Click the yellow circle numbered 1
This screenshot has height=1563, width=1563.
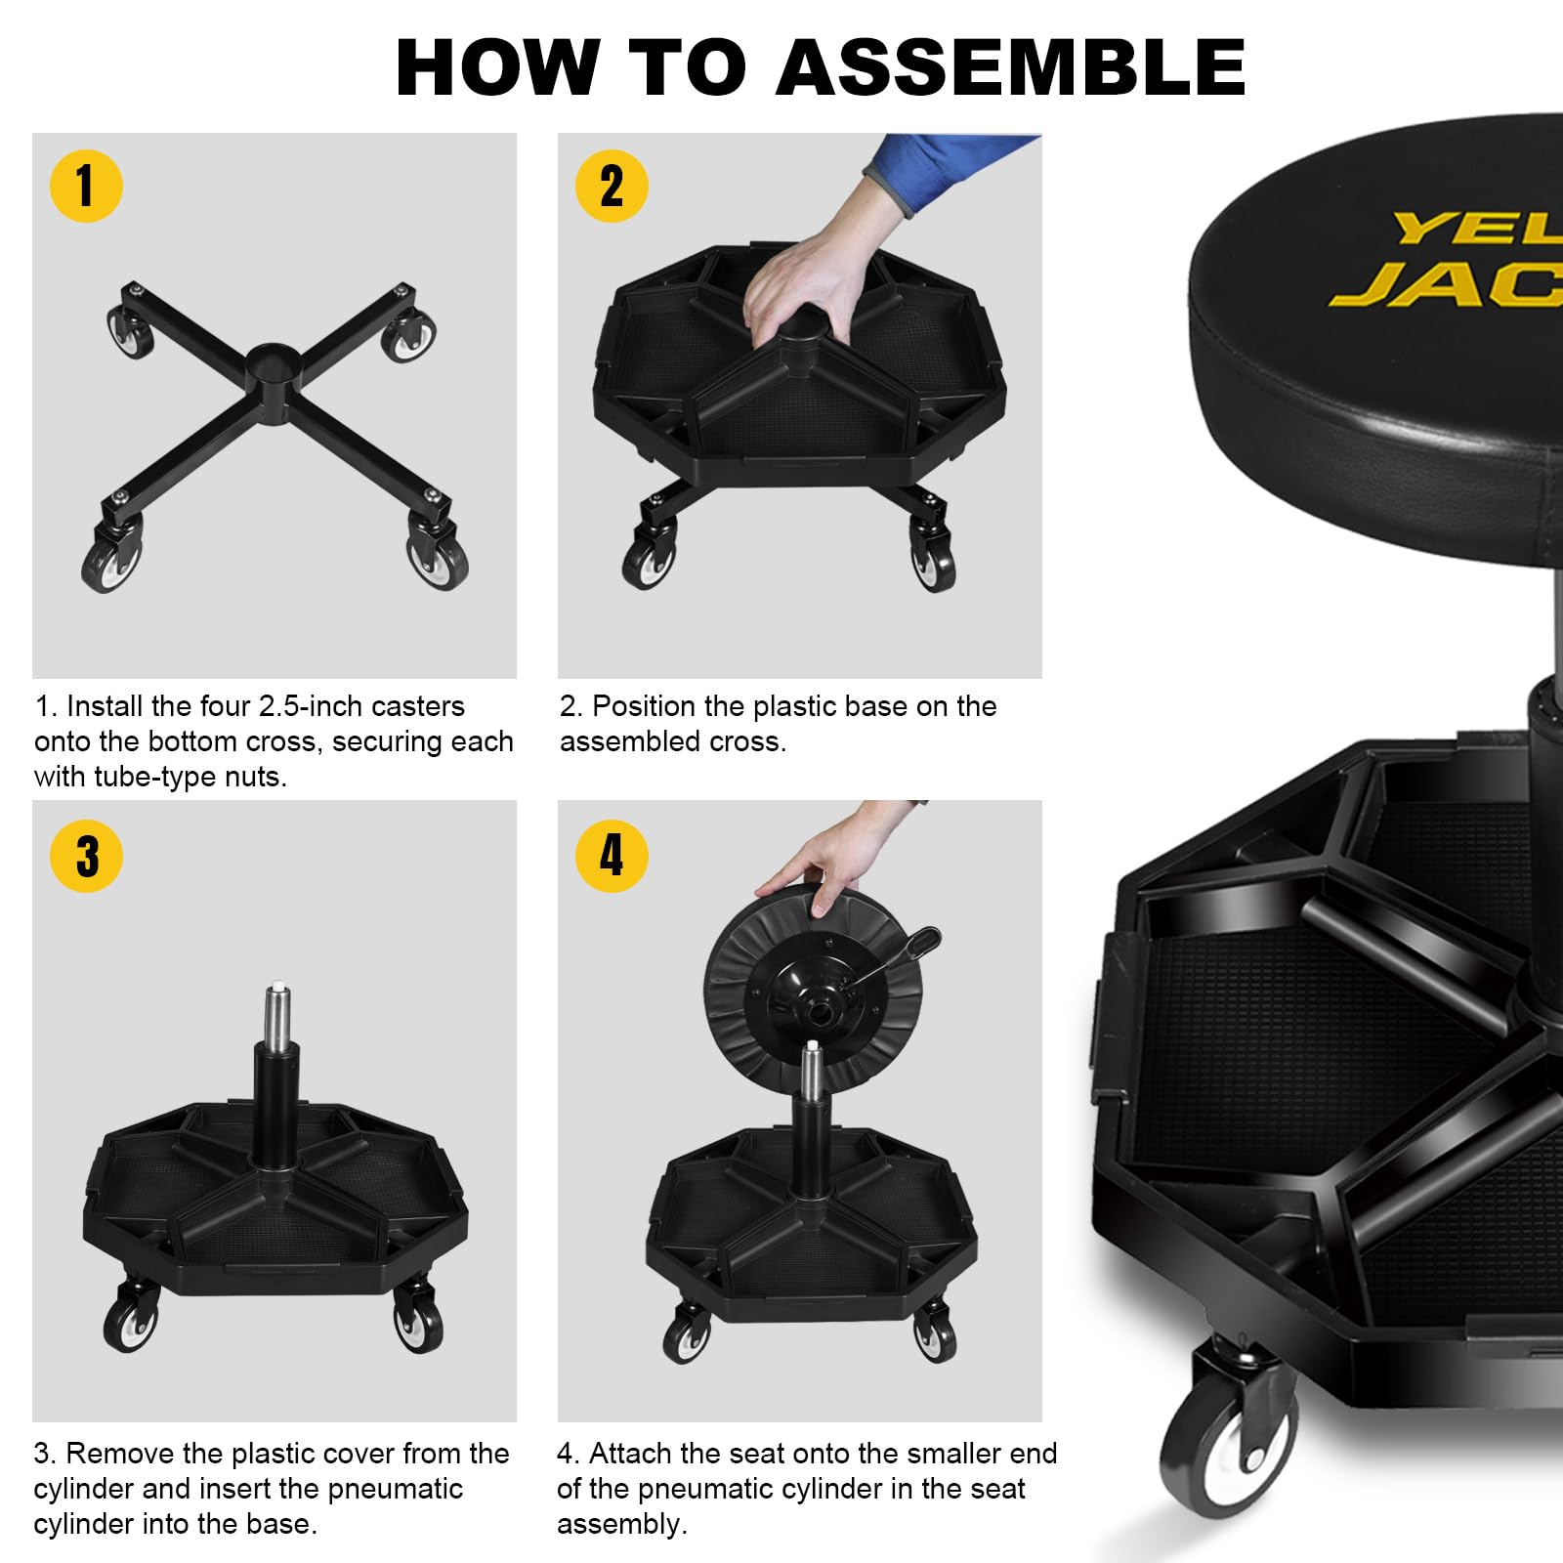tap(86, 186)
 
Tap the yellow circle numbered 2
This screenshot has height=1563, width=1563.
tap(612, 186)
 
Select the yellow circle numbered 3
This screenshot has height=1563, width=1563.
tap(86, 856)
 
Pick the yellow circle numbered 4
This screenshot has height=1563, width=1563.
tap(612, 856)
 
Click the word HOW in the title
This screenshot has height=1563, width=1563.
tap(497, 68)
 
